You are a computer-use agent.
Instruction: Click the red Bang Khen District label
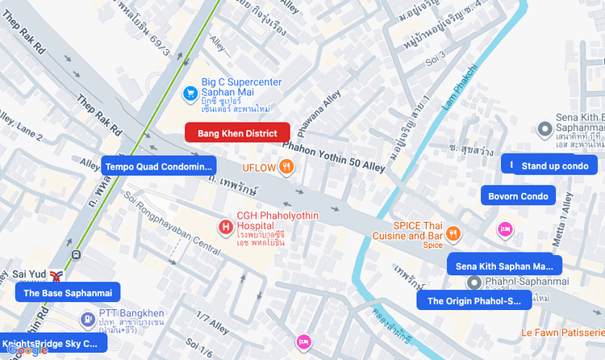237,133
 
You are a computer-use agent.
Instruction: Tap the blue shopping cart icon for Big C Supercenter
190,93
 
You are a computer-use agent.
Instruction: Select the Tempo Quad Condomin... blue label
158,166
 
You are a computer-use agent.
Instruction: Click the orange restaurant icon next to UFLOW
286,167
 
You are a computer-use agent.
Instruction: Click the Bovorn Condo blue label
518,195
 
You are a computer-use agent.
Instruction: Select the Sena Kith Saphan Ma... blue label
504,266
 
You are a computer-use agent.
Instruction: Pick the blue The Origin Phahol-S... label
474,301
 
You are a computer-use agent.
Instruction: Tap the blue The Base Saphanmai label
67,293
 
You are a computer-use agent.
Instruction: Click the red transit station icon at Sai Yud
56,275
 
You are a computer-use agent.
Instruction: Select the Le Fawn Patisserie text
561,332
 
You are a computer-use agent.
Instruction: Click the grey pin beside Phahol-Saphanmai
474,282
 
